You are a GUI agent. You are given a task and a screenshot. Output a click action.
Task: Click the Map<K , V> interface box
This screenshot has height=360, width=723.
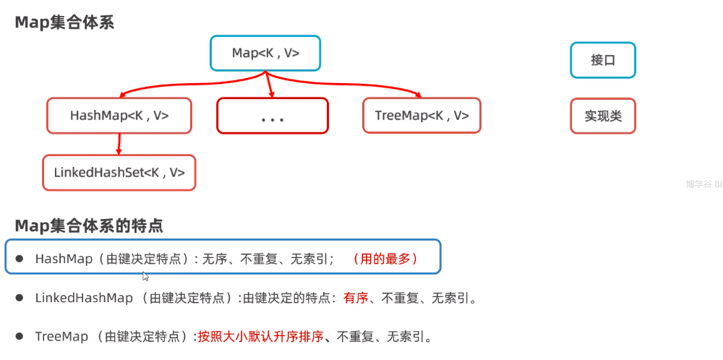click(265, 53)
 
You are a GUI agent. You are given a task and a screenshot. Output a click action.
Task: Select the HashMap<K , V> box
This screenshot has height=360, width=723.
click(119, 116)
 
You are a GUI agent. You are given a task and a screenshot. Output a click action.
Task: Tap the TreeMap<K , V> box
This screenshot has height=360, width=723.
click(422, 116)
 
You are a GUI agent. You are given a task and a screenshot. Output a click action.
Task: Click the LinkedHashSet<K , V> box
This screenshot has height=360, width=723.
click(119, 173)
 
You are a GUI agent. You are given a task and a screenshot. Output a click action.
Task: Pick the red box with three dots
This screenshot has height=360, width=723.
click(272, 116)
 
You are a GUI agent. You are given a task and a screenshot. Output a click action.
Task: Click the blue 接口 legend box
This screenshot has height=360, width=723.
click(602, 60)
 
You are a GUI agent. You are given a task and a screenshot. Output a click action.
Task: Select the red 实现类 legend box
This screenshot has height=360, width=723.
click(602, 116)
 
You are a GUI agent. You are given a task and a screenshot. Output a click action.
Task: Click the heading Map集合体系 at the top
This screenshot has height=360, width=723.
click(64, 22)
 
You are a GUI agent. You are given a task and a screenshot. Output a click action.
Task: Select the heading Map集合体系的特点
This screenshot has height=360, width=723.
click(89, 226)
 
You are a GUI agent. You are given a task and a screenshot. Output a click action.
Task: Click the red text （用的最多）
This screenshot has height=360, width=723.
click(385, 259)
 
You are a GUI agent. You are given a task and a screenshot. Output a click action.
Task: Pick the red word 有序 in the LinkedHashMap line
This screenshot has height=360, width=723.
click(356, 298)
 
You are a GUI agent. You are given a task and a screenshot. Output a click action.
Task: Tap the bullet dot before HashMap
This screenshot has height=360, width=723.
click(20, 259)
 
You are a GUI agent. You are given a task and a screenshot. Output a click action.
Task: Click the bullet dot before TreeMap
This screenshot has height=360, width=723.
click(20, 336)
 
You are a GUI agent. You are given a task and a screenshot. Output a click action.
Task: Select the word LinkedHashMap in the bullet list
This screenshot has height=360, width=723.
click(84, 298)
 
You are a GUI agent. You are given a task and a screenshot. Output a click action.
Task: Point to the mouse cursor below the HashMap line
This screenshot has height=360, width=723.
click(145, 276)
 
